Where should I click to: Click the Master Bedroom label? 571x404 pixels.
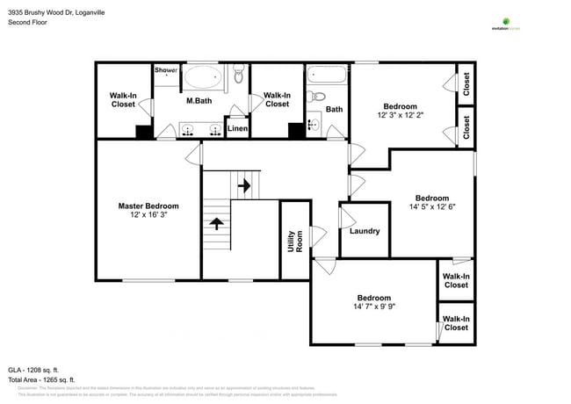pos(148,206)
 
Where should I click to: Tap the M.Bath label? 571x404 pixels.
pos(199,101)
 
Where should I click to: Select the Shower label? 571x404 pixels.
pos(166,70)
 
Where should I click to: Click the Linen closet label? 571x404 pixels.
pos(237,129)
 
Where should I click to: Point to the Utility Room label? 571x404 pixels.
pos(293,242)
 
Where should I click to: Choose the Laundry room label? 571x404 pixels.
pos(364,231)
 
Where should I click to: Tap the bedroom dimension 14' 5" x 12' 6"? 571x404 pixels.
pos(431,207)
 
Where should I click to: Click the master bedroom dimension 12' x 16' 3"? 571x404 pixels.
pos(148,215)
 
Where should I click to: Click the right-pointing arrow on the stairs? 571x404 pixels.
pos(246,186)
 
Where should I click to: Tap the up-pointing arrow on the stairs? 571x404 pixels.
pos(214,223)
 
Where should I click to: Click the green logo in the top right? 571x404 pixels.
pos(506,20)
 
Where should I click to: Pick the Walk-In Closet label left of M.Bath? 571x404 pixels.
pos(122,99)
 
